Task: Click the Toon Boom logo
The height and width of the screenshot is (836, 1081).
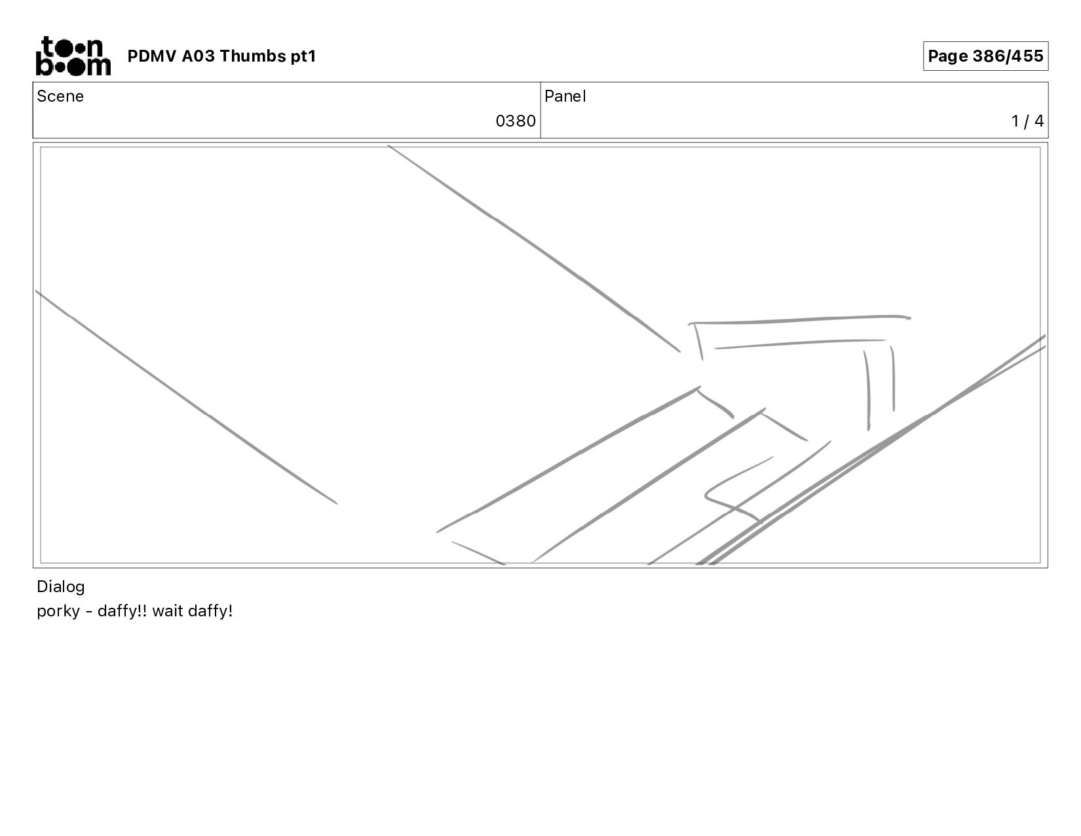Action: point(73,56)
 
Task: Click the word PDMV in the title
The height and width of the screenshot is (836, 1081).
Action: point(152,56)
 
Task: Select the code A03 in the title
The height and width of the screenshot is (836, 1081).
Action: point(198,56)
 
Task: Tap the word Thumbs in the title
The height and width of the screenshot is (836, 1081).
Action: point(252,56)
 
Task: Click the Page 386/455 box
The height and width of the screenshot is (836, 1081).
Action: point(985,56)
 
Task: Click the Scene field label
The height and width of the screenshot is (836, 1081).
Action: point(60,96)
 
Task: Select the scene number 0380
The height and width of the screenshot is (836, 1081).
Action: point(516,121)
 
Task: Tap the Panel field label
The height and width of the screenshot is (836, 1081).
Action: point(565,96)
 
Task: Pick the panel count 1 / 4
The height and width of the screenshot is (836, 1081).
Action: point(1027,121)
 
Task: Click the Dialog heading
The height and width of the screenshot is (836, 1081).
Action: point(61,587)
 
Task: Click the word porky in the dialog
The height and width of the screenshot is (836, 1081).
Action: point(58,611)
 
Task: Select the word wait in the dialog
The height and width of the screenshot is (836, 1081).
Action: point(168,610)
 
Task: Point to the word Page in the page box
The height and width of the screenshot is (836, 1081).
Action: point(948,56)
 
